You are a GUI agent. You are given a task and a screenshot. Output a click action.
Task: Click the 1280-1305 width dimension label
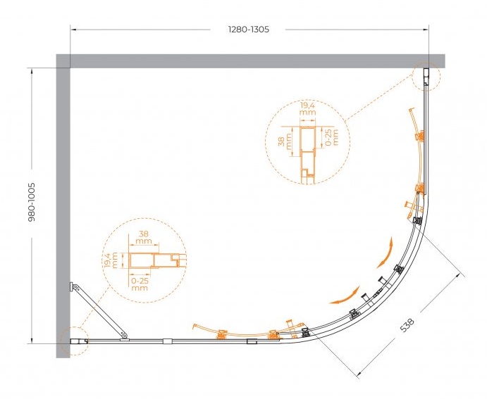coord(249,30)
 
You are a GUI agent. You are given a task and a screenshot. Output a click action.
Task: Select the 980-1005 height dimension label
coord(32,202)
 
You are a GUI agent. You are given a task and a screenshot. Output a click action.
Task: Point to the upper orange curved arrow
coord(386,253)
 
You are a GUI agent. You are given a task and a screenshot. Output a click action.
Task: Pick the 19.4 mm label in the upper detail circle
coord(308,109)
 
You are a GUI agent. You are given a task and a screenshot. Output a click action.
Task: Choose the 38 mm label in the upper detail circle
coord(285,141)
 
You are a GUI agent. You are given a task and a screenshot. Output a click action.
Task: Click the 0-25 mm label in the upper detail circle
coord(331,138)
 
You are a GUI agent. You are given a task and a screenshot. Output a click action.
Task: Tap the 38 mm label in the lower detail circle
coord(143,237)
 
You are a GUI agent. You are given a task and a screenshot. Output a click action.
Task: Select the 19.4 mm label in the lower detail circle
coord(111,260)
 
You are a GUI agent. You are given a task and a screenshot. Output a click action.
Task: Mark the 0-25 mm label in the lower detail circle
coord(140,284)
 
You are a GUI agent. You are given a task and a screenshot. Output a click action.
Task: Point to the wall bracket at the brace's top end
coord(73,287)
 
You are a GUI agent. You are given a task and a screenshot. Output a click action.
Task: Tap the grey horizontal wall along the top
coord(250,61)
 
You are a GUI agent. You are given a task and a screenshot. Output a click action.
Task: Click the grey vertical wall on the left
coord(63,206)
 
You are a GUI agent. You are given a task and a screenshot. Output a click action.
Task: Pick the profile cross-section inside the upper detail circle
coord(307,153)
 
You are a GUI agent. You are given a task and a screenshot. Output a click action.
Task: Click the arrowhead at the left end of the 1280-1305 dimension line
coord(73,30)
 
